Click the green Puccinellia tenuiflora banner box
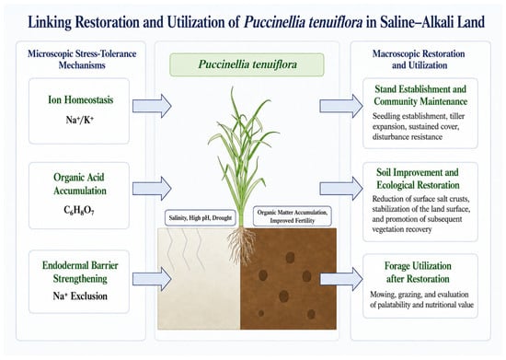pyautogui.click(x=247, y=64)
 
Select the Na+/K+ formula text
pyautogui.click(x=80, y=120)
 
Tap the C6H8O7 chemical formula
pyautogui.click(x=79, y=211)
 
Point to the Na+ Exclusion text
pyautogui.click(x=80, y=296)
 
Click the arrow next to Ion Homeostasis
pyautogui.click(x=152, y=106)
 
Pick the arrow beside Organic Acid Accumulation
pyautogui.click(x=152, y=189)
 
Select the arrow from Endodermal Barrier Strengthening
pyautogui.click(x=152, y=279)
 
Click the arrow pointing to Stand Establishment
pyautogui.click(x=341, y=106)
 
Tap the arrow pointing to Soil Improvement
pyautogui.click(x=341, y=189)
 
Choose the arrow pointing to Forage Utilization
pyautogui.click(x=341, y=279)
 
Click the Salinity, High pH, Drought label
pyautogui.click(x=201, y=218)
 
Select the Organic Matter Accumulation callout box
pyautogui.click(x=293, y=216)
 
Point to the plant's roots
pyautogui.click(x=242, y=244)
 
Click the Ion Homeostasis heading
pyautogui.click(x=81, y=99)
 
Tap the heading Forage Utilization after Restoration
pyautogui.click(x=418, y=273)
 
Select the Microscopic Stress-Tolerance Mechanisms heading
pyautogui.click(x=82, y=60)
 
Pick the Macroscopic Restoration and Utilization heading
pyautogui.click(x=419, y=60)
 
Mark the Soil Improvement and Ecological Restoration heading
pyautogui.click(x=418, y=179)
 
